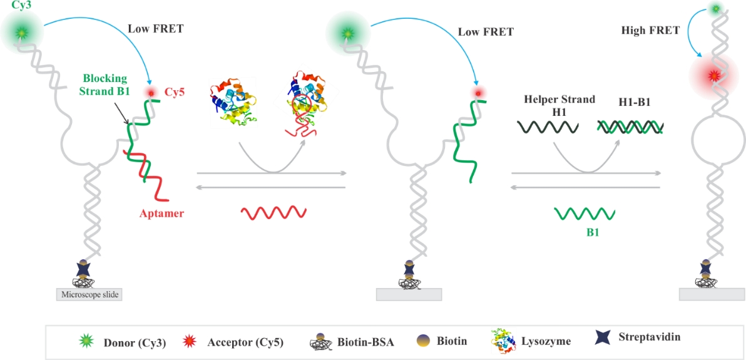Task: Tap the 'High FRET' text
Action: point(650,30)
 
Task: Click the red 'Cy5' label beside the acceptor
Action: point(174,92)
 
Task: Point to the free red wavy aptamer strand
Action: point(273,212)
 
